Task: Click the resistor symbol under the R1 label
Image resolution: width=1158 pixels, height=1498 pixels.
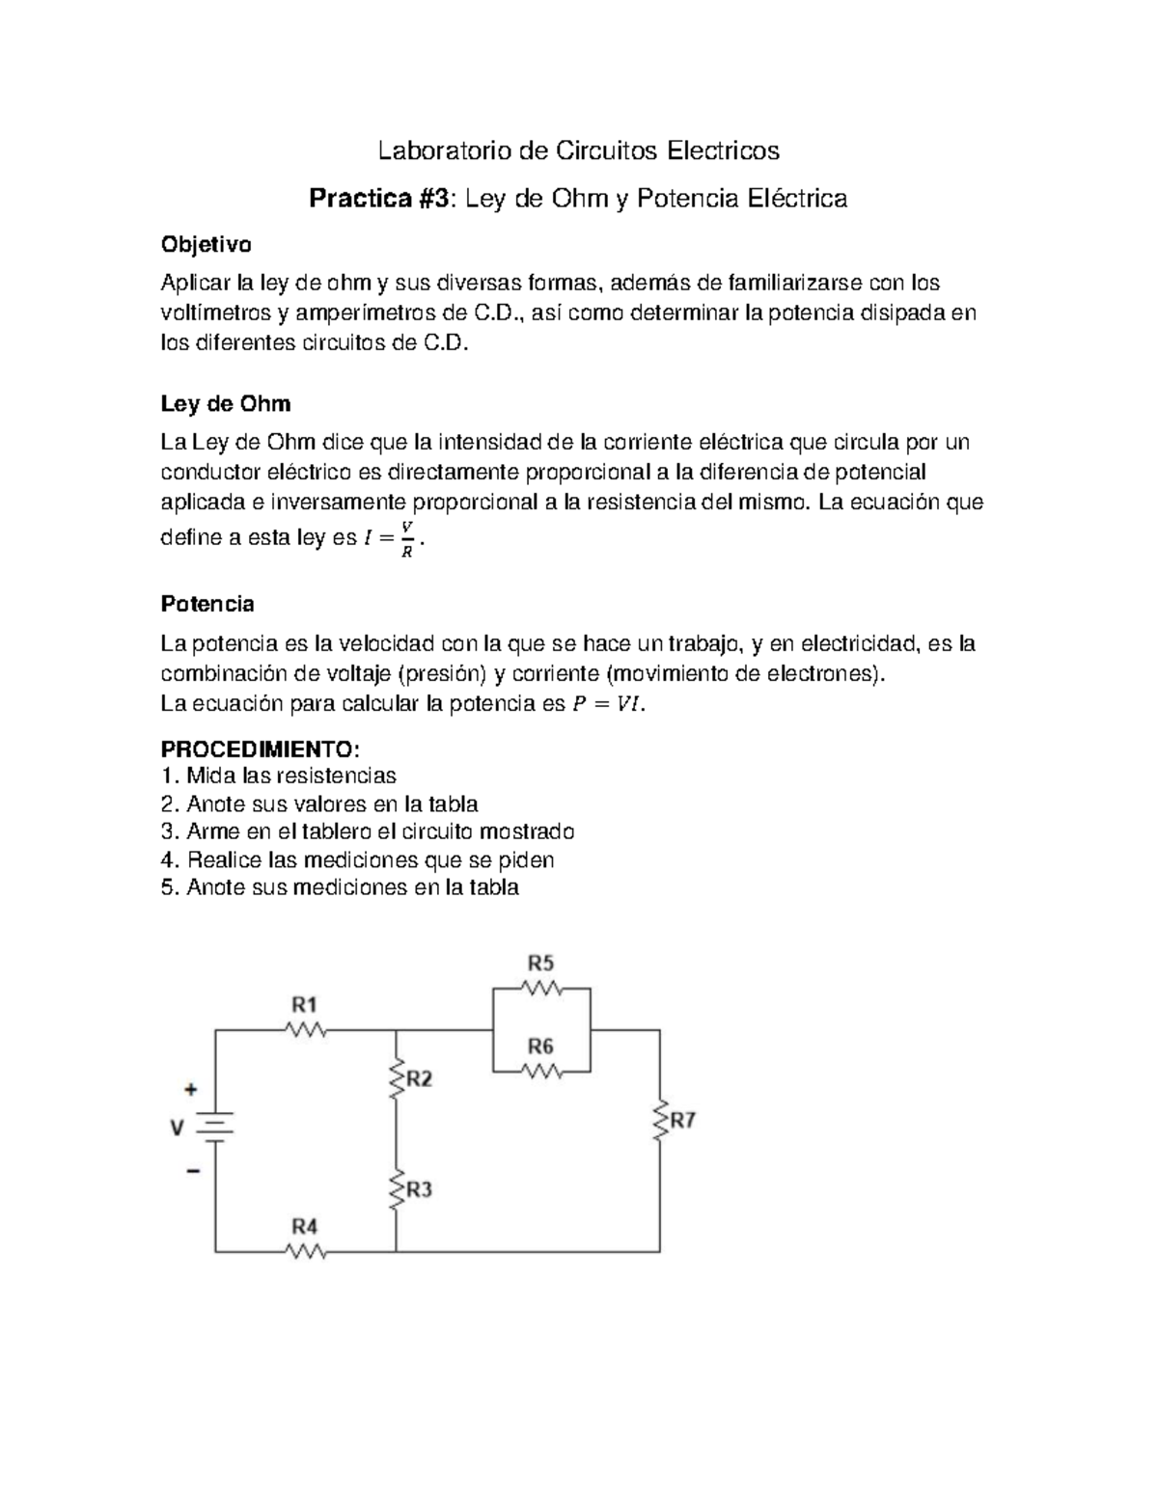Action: [306, 1030]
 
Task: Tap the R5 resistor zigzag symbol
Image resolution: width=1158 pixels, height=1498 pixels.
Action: [540, 988]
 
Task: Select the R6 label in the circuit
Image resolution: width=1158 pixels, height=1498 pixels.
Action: [540, 1047]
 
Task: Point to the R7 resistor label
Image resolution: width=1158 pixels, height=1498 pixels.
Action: [683, 1121]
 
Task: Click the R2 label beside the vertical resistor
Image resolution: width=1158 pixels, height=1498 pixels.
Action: [419, 1079]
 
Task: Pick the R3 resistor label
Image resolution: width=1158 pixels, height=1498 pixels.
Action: [419, 1190]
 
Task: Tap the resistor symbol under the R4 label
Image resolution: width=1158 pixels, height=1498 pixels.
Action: [306, 1252]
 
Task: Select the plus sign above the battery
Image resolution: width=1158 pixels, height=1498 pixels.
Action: [191, 1089]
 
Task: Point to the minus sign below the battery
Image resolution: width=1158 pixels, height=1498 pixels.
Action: [193, 1171]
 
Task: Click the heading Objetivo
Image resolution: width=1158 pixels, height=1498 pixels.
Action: [206, 245]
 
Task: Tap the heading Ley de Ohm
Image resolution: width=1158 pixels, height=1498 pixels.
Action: [225, 403]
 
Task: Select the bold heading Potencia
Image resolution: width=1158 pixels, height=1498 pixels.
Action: [207, 604]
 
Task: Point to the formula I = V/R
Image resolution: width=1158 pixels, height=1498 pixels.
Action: [390, 539]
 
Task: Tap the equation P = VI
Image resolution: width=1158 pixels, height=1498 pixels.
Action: [605, 704]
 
